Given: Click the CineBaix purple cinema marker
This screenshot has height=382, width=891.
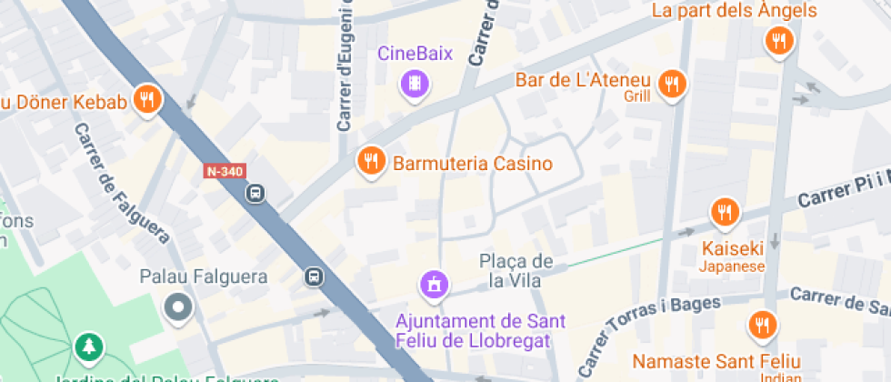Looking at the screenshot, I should [x=415, y=85].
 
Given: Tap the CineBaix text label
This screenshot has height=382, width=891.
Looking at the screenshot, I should [x=415, y=54].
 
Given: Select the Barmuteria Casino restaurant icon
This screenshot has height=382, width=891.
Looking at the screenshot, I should [x=369, y=161].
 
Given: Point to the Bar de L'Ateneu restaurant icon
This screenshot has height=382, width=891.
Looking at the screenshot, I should [x=672, y=85].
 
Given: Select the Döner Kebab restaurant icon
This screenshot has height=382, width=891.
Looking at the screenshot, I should [x=146, y=99].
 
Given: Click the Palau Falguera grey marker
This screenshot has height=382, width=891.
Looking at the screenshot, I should [x=177, y=307].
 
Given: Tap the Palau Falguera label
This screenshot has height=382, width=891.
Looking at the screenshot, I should [x=204, y=276].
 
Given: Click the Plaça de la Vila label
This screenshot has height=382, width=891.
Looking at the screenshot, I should [x=516, y=271].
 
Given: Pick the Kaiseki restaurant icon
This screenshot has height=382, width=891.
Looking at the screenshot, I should [x=724, y=213].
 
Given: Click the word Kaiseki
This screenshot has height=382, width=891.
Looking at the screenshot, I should [x=732, y=248].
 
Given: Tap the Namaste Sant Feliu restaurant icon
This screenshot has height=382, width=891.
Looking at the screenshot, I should [x=762, y=325].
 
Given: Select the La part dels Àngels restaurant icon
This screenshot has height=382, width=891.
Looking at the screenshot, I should [x=778, y=40].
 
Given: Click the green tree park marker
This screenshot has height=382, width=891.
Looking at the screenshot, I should [x=89, y=347].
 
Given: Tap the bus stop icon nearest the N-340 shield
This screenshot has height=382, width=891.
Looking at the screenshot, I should [x=256, y=193].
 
